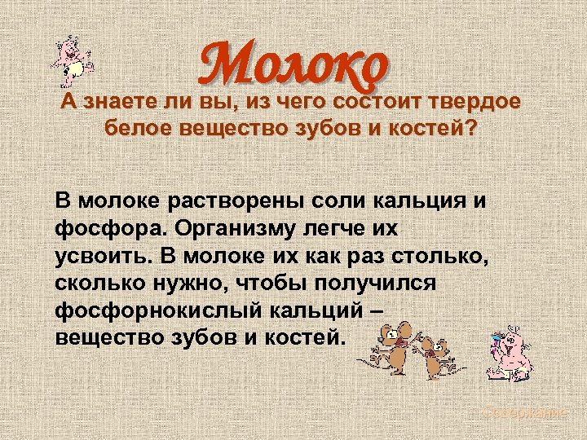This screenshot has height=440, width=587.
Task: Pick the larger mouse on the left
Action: coord(394,346)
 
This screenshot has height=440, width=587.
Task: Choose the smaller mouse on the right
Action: coord(437,354)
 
